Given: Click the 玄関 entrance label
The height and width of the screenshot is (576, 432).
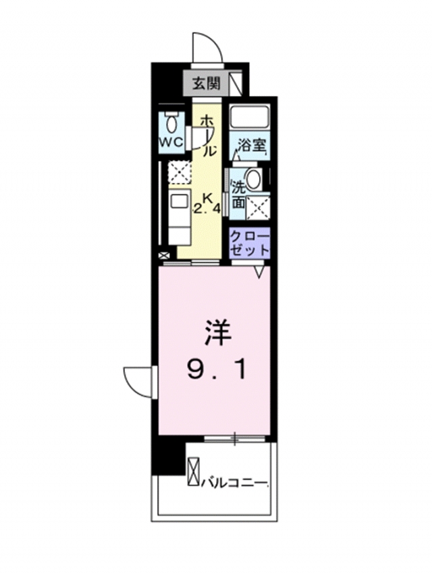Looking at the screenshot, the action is point(207,84).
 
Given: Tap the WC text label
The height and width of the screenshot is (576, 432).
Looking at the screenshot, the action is point(171,142).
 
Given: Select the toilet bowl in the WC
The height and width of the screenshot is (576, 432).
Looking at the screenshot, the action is point(171,123).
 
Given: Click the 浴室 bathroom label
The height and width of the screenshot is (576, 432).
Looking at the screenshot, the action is point(252,146).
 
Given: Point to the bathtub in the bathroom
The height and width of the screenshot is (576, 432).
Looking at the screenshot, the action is point(250,117).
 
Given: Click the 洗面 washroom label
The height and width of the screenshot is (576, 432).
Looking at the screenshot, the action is point(238,195).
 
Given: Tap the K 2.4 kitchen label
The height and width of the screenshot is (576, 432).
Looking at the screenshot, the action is point(207,204).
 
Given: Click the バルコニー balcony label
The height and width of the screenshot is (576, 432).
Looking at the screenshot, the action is point(234,481).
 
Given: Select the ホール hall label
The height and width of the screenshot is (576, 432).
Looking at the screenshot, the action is point(208,136).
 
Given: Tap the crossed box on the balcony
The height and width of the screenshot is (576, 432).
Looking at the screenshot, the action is point(194,472).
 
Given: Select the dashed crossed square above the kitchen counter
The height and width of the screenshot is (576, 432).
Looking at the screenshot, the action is point(178,172).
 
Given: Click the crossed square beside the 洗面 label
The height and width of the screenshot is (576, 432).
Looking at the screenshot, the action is point(258,207).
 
